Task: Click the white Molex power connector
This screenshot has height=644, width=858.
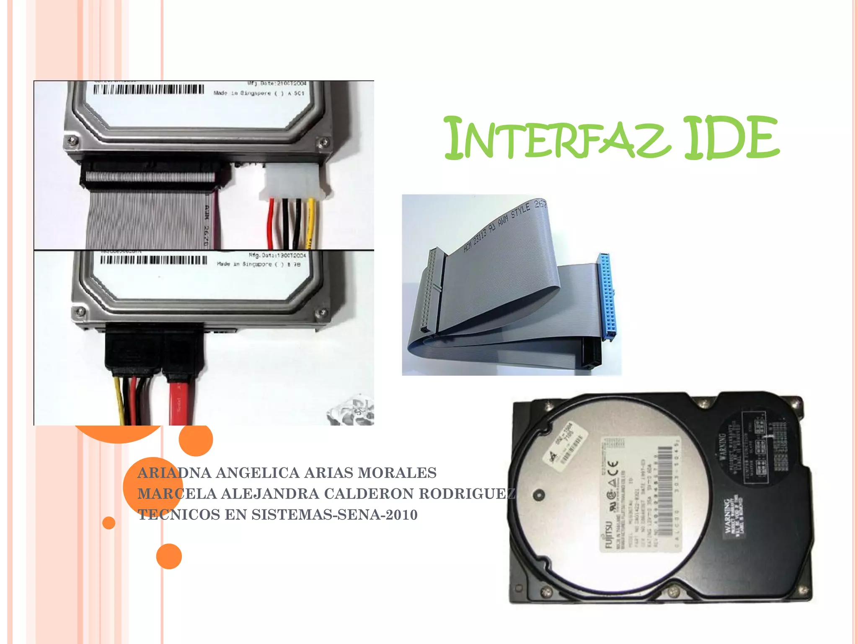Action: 293,181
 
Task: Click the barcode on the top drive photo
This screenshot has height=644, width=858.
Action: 149,89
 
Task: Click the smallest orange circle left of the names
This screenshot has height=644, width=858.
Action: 109,523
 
